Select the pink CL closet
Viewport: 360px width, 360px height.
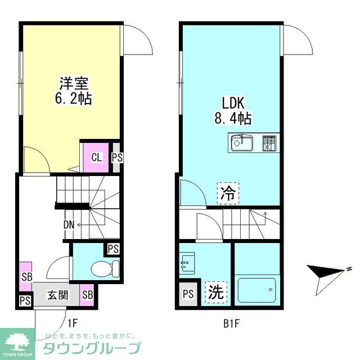97,157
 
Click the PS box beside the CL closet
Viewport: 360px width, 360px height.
116,157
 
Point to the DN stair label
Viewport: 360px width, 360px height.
69,225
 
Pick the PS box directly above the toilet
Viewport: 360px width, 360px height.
113,248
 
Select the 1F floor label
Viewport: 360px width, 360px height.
72,323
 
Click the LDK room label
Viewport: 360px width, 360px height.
232,103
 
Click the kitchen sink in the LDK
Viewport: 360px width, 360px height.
242,143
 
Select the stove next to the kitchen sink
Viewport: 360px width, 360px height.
269,144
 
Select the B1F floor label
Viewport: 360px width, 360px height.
231,323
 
